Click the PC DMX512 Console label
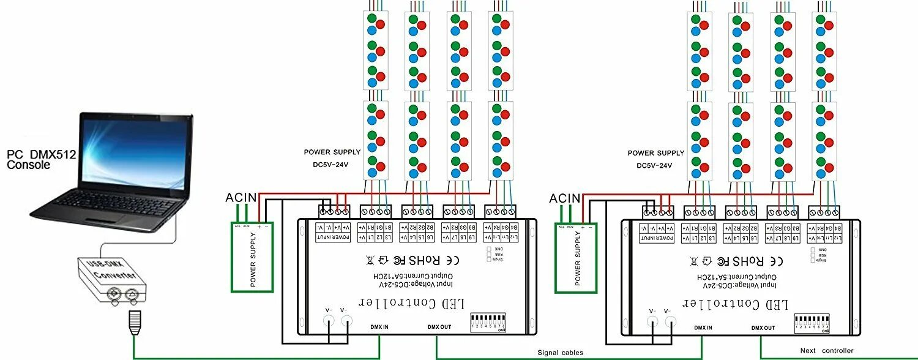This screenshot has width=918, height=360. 41,160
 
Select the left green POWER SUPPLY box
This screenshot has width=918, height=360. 253,257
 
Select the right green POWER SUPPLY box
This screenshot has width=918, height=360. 577,257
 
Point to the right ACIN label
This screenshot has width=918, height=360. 564,198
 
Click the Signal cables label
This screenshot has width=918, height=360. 560,352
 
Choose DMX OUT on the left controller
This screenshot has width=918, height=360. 439,327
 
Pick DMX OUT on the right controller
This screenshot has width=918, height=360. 763,328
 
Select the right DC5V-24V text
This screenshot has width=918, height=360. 654,165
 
